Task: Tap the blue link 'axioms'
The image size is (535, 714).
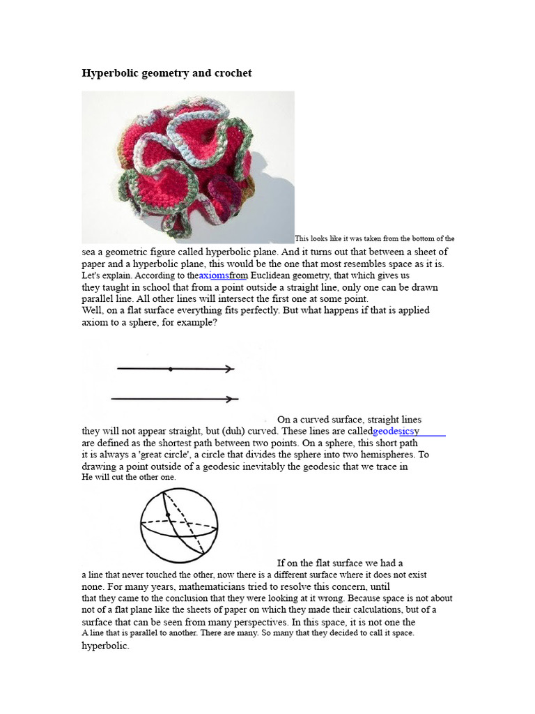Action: (x=214, y=276)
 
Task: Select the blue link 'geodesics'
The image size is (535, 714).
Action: (x=393, y=432)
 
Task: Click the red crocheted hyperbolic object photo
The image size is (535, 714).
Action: (x=188, y=167)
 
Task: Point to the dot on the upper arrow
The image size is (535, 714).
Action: (x=170, y=369)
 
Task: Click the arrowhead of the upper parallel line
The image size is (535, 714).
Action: (x=230, y=369)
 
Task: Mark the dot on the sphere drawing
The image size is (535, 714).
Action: (x=168, y=515)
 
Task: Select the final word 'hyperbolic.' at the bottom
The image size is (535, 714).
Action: (x=106, y=646)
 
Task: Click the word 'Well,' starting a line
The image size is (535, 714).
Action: (x=93, y=310)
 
